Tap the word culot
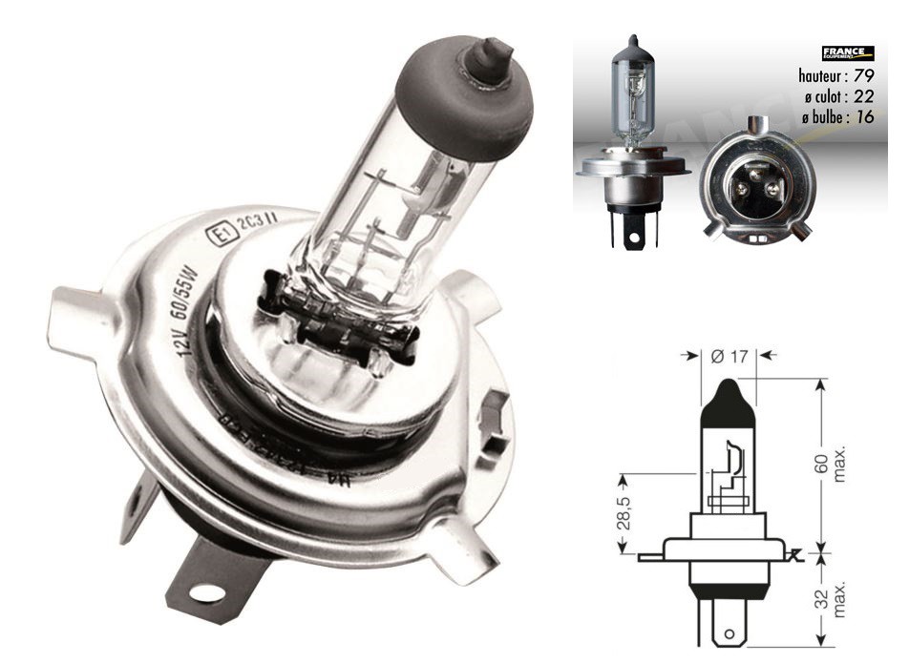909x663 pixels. tap(826, 96)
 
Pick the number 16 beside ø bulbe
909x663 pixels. tap(865, 117)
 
